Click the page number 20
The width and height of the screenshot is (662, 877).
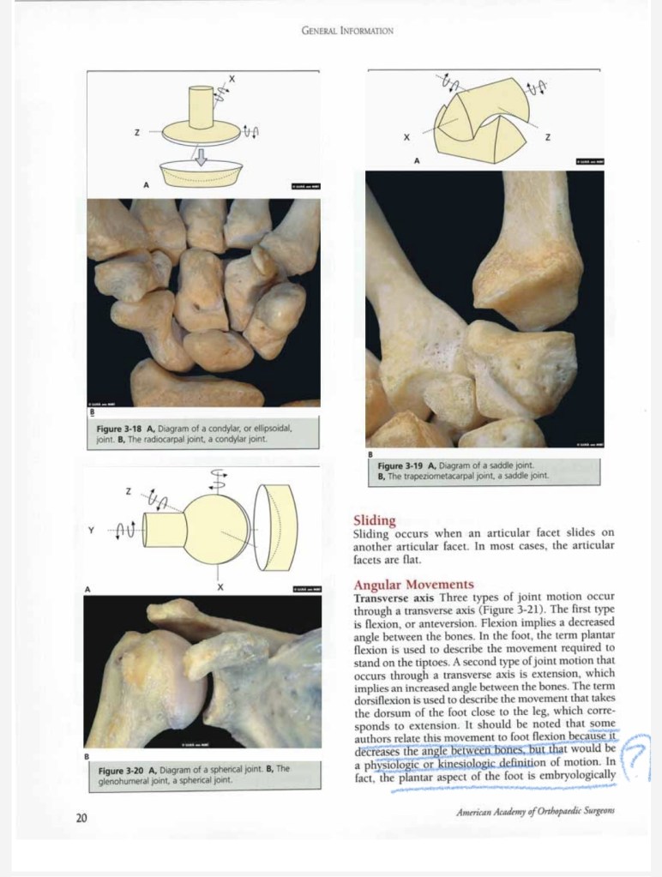tap(81, 818)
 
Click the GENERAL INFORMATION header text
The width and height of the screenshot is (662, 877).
tap(347, 31)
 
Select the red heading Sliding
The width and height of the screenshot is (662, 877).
tap(374, 520)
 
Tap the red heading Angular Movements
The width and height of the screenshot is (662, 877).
tap(412, 585)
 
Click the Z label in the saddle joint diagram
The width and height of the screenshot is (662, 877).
tap(546, 138)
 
